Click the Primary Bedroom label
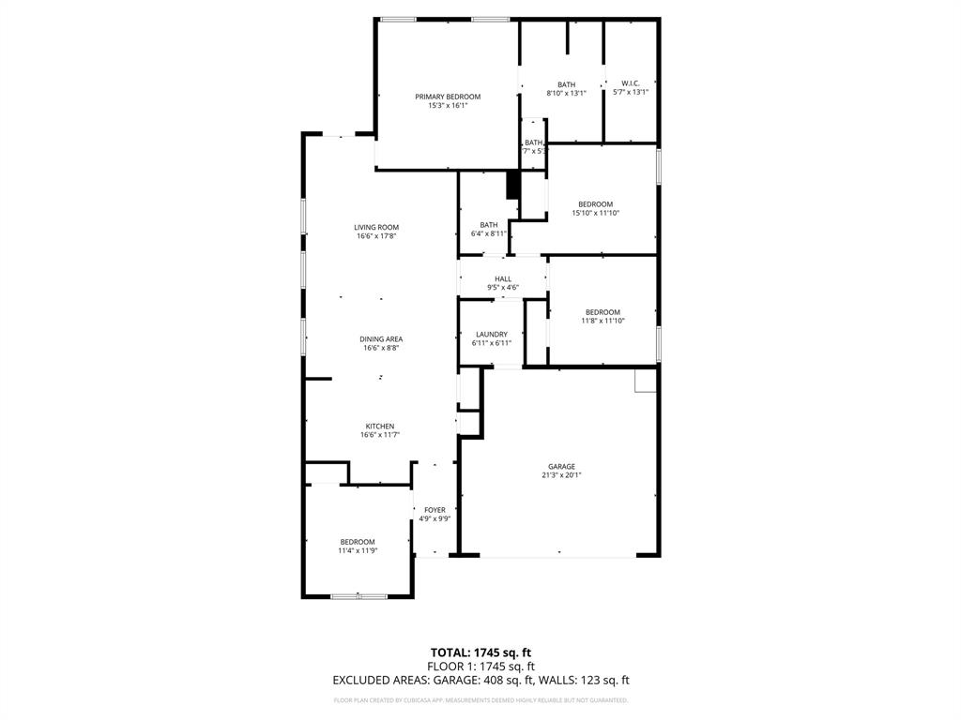(x=448, y=97)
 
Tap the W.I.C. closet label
(x=631, y=83)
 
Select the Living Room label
(x=376, y=227)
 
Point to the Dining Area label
(x=381, y=339)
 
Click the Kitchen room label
(x=380, y=426)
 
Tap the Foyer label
(x=435, y=510)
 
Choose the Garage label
(x=562, y=466)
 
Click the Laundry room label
(x=492, y=334)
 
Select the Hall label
(x=503, y=278)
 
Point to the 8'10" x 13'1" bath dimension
(x=566, y=93)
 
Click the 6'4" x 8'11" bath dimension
(x=489, y=233)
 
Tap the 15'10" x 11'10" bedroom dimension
(x=595, y=213)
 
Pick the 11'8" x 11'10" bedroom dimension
(x=603, y=321)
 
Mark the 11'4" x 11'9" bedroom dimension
(x=358, y=550)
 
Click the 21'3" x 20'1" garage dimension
(x=562, y=475)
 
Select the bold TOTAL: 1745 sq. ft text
(x=480, y=652)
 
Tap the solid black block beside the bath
(x=512, y=185)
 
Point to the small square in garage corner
(x=645, y=380)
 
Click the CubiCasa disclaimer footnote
(x=480, y=700)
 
